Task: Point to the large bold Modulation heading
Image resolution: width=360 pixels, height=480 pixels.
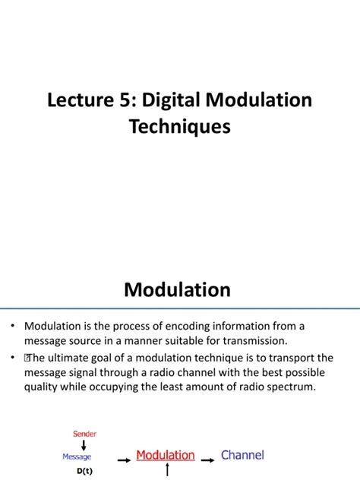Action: coord(177,289)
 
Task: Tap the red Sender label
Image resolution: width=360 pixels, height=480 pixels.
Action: coord(84,434)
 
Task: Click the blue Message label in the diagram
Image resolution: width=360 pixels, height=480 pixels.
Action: coord(77,456)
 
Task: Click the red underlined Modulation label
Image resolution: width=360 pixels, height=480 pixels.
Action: coord(166,456)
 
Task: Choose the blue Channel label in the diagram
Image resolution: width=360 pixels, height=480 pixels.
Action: coord(242,455)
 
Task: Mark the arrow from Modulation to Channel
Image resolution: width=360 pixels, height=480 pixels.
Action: coord(207,458)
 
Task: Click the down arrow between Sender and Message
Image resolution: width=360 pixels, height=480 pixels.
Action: coord(84,445)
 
